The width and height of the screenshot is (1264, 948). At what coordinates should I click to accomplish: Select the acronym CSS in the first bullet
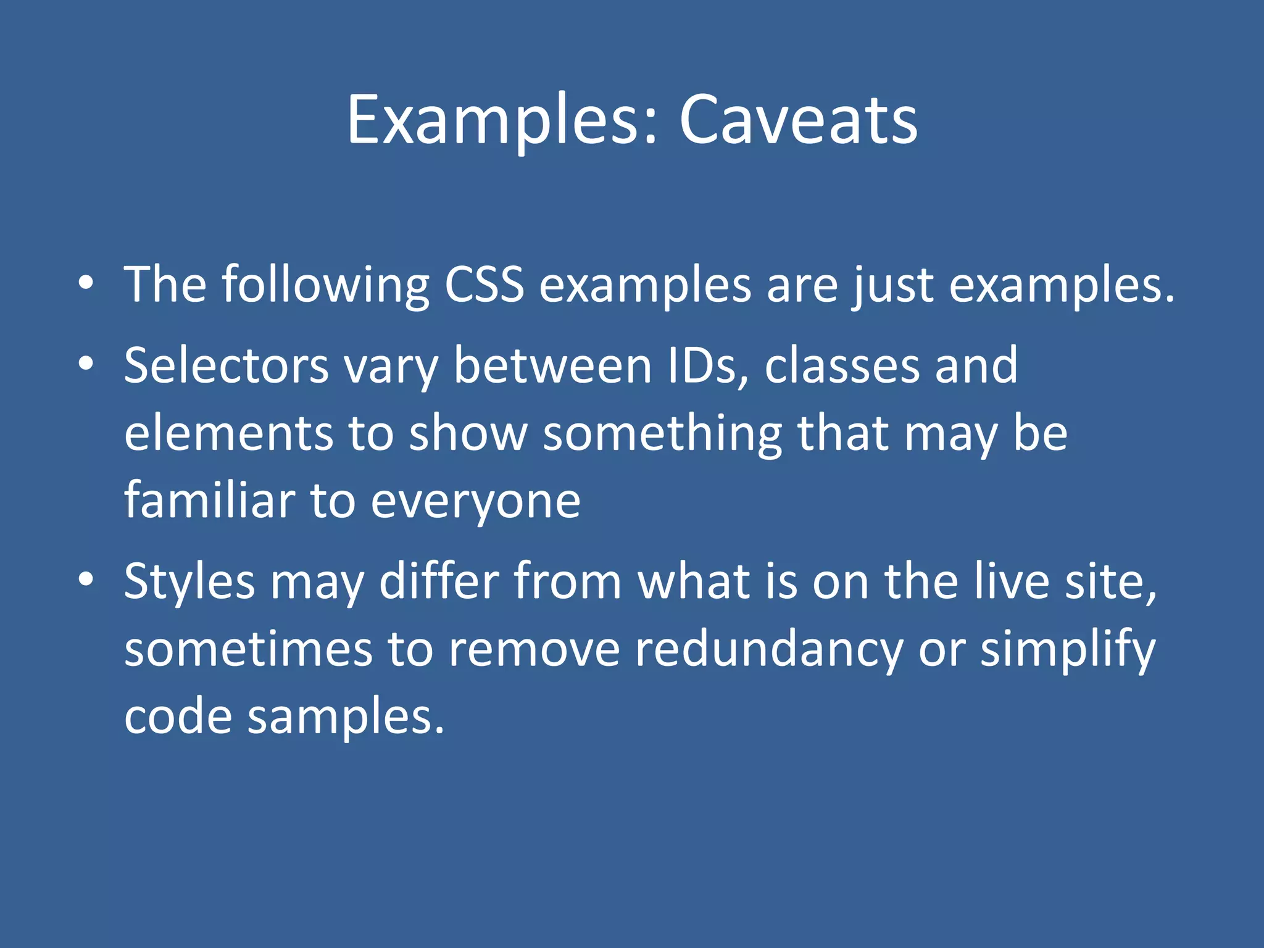pyautogui.click(x=484, y=285)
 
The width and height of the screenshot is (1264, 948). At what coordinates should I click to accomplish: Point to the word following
pyautogui.click(x=325, y=285)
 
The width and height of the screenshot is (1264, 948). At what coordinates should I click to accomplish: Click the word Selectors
pyautogui.click(x=226, y=365)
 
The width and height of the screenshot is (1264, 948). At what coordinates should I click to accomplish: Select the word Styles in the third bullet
pyautogui.click(x=189, y=581)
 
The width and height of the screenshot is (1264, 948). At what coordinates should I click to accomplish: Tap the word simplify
pyautogui.click(x=1068, y=650)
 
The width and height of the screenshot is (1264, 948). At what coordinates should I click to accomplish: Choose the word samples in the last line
pyautogui.click(x=346, y=717)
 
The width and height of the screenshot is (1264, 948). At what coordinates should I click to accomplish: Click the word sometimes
pyautogui.click(x=249, y=650)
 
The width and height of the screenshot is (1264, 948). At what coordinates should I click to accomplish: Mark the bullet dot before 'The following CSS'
pyautogui.click(x=86, y=283)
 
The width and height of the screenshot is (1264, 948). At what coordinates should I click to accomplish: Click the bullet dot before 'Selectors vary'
pyautogui.click(x=86, y=364)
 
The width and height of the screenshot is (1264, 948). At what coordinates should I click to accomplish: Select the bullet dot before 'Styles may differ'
pyautogui.click(x=86, y=580)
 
